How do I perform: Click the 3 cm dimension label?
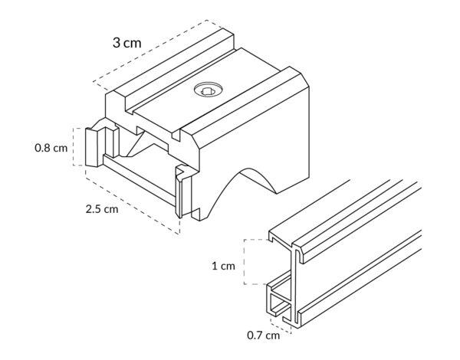(x=127, y=43)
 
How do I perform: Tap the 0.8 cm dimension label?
(x=51, y=148)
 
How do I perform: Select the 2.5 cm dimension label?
(x=102, y=209)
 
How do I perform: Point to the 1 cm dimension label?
(x=224, y=266)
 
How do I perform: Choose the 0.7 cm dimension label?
(x=264, y=335)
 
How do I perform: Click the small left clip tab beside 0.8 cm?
(x=91, y=147)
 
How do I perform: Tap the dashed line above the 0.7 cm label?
(x=281, y=329)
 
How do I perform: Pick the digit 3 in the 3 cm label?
(x=117, y=43)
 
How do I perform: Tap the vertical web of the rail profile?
(x=294, y=284)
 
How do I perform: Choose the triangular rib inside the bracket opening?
(x=139, y=145)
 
